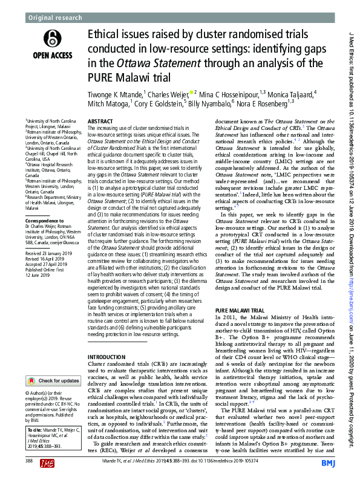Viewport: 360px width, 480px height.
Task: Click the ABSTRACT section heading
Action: tap(100, 122)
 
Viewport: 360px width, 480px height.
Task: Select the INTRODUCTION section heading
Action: tap(106, 358)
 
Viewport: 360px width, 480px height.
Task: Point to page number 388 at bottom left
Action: tap(28, 461)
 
